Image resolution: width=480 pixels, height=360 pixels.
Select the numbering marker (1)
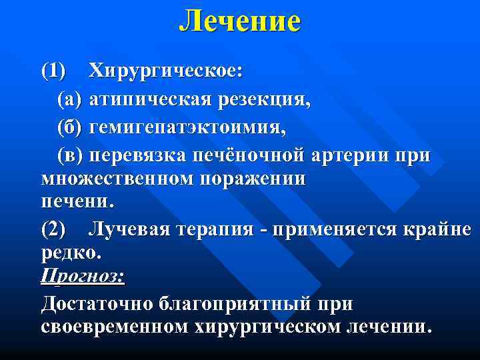point(54,71)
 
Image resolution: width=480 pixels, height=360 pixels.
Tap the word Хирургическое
point(167,71)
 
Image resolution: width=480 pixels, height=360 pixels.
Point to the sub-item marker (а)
point(69,100)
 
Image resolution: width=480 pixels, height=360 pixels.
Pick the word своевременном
point(115,327)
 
